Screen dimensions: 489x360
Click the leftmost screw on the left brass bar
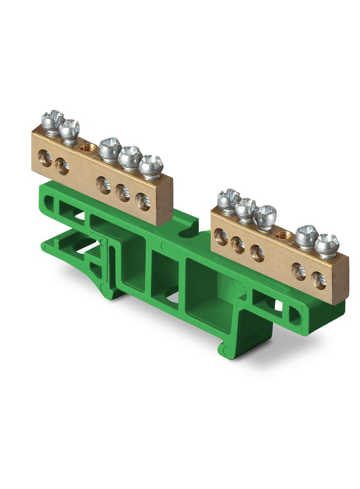click(x=52, y=122)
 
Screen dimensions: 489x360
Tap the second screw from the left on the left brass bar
click(x=70, y=130)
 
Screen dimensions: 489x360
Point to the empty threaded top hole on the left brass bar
click(x=88, y=148)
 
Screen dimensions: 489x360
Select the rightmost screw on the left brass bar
click(x=151, y=167)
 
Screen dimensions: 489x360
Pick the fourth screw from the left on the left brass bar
click(x=130, y=158)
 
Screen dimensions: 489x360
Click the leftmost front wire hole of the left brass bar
click(x=45, y=159)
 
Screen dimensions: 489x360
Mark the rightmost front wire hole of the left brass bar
click(x=143, y=201)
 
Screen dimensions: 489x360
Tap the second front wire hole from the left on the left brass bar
click(x=62, y=166)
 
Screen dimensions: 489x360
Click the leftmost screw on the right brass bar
click(x=228, y=200)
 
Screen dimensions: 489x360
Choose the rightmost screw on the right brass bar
click(x=326, y=245)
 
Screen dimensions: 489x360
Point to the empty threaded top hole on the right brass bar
click(x=283, y=235)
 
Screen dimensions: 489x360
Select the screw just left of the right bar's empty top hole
click(x=265, y=217)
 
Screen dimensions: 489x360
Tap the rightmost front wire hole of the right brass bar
click(x=319, y=280)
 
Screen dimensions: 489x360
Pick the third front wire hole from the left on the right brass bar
click(x=257, y=253)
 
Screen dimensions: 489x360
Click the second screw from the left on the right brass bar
click(x=246, y=209)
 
